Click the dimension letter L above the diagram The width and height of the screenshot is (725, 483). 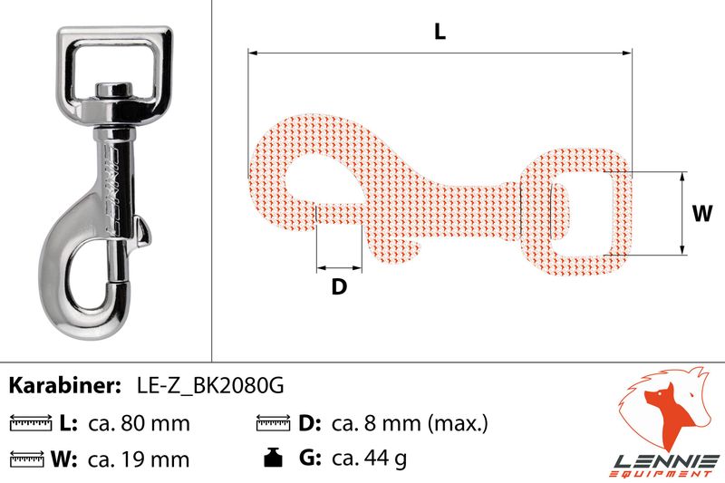click(440, 32)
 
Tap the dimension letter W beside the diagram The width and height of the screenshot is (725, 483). click(702, 214)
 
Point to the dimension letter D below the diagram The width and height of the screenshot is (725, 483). click(339, 286)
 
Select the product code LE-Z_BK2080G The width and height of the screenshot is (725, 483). click(210, 385)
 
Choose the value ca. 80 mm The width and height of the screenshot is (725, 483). click(139, 423)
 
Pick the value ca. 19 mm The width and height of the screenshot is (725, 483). click(139, 459)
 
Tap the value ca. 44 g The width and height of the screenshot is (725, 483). click(370, 459)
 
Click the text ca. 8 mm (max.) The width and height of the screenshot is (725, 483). click(410, 423)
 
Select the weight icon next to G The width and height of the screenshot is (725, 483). click(273, 457)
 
